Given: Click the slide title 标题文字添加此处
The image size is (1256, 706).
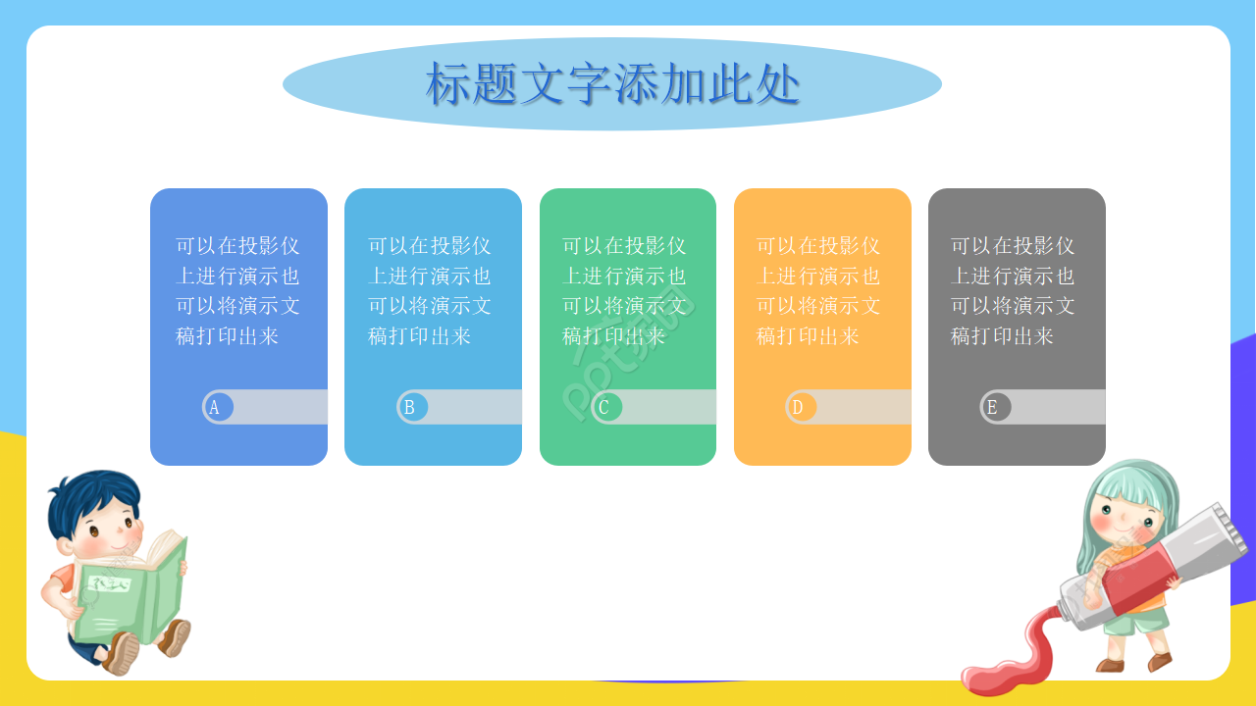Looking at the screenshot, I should pyautogui.click(x=612, y=83).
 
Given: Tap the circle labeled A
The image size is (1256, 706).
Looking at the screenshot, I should pyautogui.click(x=218, y=407).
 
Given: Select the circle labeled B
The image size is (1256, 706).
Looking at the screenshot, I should pyautogui.click(x=412, y=407).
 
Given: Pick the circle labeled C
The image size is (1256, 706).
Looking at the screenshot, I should pyautogui.click(x=606, y=407).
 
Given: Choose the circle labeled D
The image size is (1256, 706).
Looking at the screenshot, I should pyautogui.click(x=801, y=407).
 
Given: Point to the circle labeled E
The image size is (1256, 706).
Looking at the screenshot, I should pyautogui.click(x=995, y=407).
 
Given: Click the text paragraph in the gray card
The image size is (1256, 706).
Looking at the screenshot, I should pyautogui.click(x=1013, y=291).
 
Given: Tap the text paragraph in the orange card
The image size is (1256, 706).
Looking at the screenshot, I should pyautogui.click(x=818, y=291).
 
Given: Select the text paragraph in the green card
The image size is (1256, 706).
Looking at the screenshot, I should pyautogui.click(x=624, y=291).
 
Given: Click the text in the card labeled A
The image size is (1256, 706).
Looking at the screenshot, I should pyautogui.click(x=237, y=291).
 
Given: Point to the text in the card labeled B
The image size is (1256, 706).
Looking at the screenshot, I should pyautogui.click(x=430, y=291).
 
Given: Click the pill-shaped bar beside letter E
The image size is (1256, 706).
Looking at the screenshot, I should pyautogui.click(x=1056, y=407).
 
